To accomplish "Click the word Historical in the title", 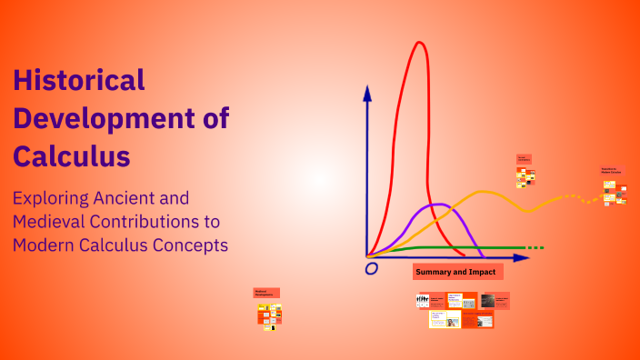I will pos(79,80).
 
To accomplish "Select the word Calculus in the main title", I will pos(72,155).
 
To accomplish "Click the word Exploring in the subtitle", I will pos(55,197).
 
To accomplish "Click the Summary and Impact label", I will pos(455,272).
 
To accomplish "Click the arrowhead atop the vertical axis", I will pos(367,92).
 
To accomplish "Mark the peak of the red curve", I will pos(419,43).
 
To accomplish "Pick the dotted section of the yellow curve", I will pos(573,197).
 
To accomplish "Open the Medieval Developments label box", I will pos(266,293).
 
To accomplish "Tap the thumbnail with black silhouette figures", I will pos(423,300).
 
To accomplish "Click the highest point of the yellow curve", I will pos(487,192).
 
